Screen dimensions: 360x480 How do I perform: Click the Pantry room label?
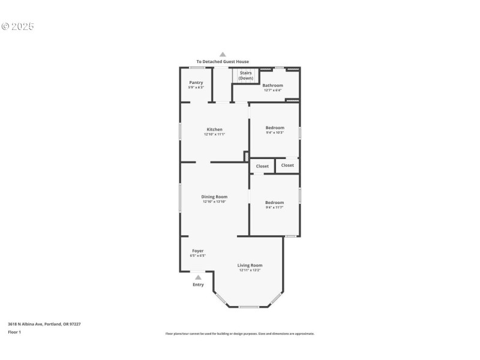click(196, 82)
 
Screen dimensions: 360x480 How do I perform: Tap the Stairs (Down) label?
click(246, 76)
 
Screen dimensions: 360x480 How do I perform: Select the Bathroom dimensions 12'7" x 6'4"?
click(273, 91)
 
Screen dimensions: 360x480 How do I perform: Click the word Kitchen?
click(214, 130)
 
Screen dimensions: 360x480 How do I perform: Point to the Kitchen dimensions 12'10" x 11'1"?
click(214, 134)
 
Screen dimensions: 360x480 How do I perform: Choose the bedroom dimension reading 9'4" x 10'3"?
click(275, 133)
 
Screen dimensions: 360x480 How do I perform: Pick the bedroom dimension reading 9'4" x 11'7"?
click(274, 208)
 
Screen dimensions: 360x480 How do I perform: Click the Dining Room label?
click(214, 197)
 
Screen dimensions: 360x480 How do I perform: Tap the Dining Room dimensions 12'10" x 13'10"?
click(214, 202)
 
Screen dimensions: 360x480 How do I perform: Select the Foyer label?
click(197, 251)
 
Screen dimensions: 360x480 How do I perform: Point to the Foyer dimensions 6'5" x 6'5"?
click(197, 256)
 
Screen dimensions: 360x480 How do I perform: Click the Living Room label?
click(250, 265)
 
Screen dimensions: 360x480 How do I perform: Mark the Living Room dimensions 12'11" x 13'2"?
click(250, 270)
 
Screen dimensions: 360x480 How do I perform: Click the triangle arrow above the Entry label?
click(198, 277)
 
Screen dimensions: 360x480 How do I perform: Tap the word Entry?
click(198, 284)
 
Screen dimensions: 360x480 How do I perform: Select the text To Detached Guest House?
click(223, 62)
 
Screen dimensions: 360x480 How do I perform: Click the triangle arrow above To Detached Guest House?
click(223, 54)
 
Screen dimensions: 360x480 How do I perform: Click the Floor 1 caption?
click(14, 332)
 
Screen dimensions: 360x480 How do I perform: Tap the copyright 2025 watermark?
click(18, 26)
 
